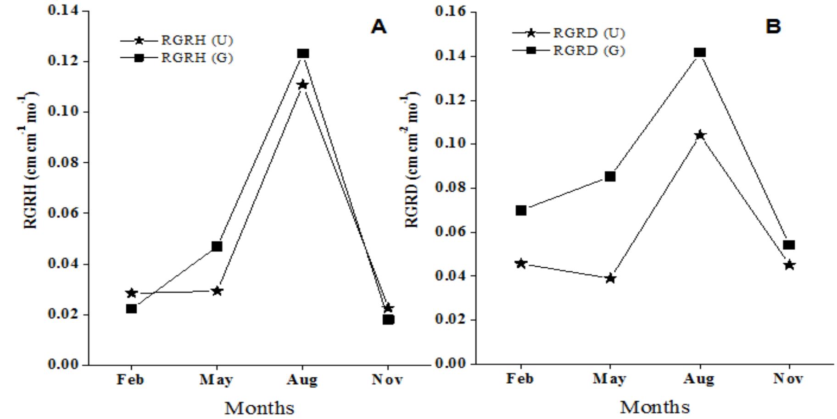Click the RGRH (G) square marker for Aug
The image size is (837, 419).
pos(302,54)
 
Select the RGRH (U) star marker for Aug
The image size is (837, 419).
pos(302,84)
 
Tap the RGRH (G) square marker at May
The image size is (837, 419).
pos(217,247)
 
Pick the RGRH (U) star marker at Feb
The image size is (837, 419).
pos(131,292)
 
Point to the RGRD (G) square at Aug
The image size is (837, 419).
pos(699,52)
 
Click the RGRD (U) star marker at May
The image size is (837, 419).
pos(610,278)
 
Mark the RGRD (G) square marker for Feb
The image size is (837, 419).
pos(520,210)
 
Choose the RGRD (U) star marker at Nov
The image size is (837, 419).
pos(789,265)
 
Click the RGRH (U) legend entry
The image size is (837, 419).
pos(177,40)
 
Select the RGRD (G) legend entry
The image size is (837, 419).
pos(569,50)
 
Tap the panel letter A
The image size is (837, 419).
pos(379,27)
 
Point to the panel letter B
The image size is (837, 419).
pos(773,27)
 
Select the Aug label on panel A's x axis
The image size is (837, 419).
pos(301,380)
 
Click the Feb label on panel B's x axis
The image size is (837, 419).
pos(520,379)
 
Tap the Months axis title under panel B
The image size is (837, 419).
pos(655,407)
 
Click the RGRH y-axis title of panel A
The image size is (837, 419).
pos(30,160)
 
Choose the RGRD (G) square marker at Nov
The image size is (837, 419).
pos(789,245)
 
